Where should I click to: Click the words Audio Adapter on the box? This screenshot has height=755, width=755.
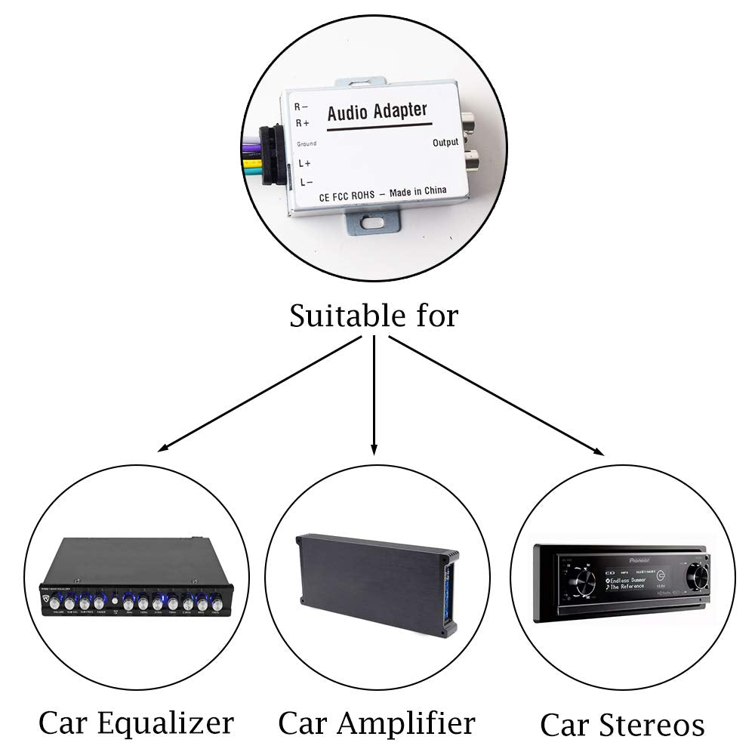(377, 112)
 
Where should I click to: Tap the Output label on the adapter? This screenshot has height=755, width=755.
(445, 142)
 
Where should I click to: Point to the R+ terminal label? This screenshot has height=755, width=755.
(302, 122)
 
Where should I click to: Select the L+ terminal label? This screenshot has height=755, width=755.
(304, 162)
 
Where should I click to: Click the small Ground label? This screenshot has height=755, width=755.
(306, 143)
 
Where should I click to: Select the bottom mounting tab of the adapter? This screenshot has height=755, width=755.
(372, 224)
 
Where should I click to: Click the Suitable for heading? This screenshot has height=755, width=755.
(374, 315)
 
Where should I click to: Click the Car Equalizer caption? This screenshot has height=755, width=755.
(136, 723)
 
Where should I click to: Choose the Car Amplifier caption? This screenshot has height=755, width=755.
(377, 723)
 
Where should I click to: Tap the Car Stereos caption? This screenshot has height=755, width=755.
(622, 725)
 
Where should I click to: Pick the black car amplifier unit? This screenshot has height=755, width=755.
(374, 578)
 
